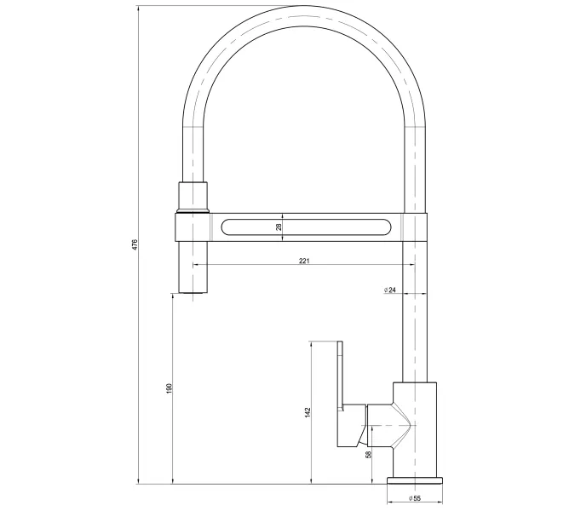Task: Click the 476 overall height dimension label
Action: click(x=134, y=245)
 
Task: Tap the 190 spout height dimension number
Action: click(x=170, y=388)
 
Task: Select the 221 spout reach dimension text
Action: click(x=304, y=260)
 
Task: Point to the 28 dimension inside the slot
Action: click(x=278, y=227)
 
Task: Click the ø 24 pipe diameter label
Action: click(x=389, y=290)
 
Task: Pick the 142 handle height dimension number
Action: click(x=308, y=412)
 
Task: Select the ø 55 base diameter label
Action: click(x=417, y=498)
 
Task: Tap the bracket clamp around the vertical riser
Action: click(x=415, y=227)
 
